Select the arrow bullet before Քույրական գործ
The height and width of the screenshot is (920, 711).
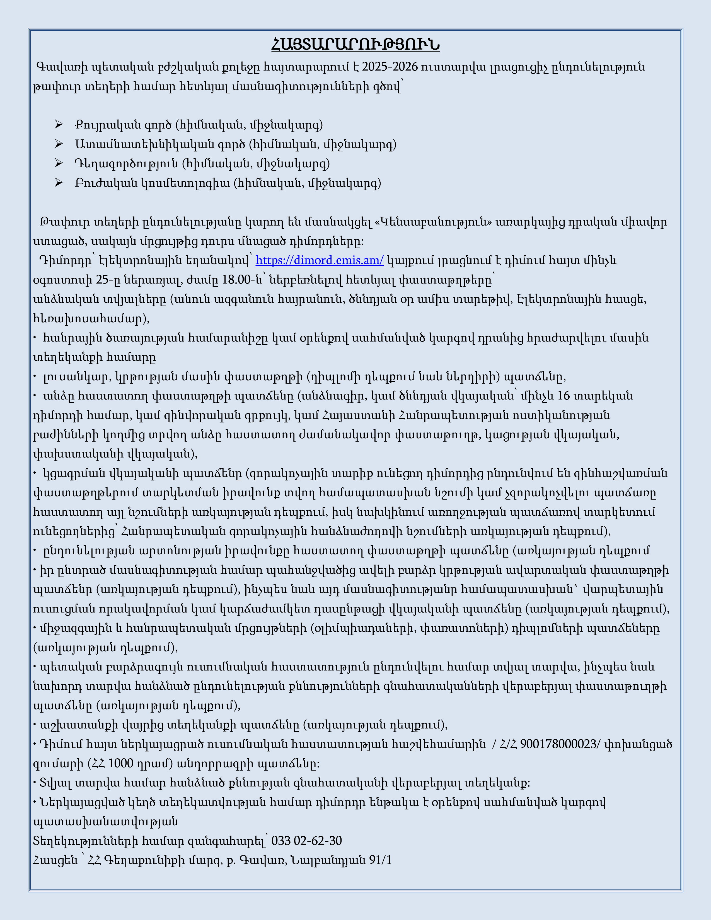click(x=59, y=125)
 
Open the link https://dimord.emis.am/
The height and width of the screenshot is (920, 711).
click(x=319, y=260)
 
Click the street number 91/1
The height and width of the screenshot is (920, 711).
click(x=380, y=860)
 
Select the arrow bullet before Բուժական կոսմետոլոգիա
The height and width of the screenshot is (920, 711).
click(x=59, y=183)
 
